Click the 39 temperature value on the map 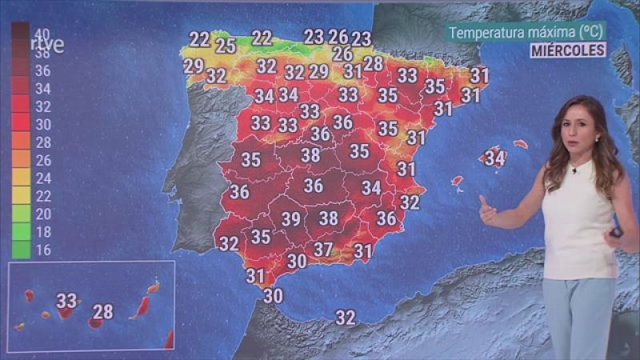tap(290, 219)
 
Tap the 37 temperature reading tap(322, 250)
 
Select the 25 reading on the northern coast tap(226, 46)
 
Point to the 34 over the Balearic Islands tap(495, 159)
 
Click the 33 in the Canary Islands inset tap(66, 301)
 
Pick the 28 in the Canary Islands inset tap(103, 312)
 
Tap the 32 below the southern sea tap(345, 318)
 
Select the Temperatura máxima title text tap(526, 33)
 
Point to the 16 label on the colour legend tap(42, 250)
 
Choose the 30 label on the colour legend tap(42, 124)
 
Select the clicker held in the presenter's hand tap(615, 232)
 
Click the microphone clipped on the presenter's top tap(574, 170)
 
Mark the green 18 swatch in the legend tap(21, 232)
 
